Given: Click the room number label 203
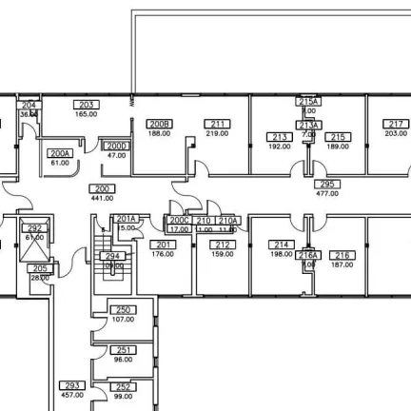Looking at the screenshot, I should pos(87,105).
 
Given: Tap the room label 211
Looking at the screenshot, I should pos(217,125).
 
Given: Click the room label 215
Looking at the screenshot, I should pos(338,138).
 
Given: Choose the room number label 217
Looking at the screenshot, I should pos(396,125).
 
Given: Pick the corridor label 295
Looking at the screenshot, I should pos(327,184).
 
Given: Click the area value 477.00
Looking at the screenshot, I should pos(327,193).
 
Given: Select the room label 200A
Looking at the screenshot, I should pos(60,153).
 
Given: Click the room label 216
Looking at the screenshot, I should pos(342,254).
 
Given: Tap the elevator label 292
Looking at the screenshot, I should pos(34,228).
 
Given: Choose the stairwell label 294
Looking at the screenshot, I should pos(113,256).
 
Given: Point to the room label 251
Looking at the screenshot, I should pos(123,349).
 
